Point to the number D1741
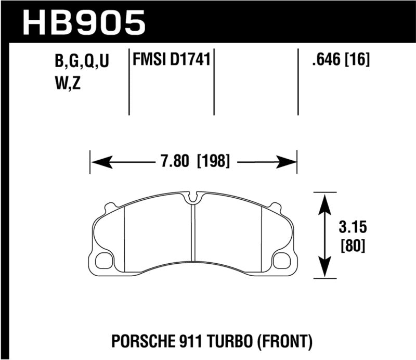click(189, 61)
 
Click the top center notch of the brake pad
click(193, 198)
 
